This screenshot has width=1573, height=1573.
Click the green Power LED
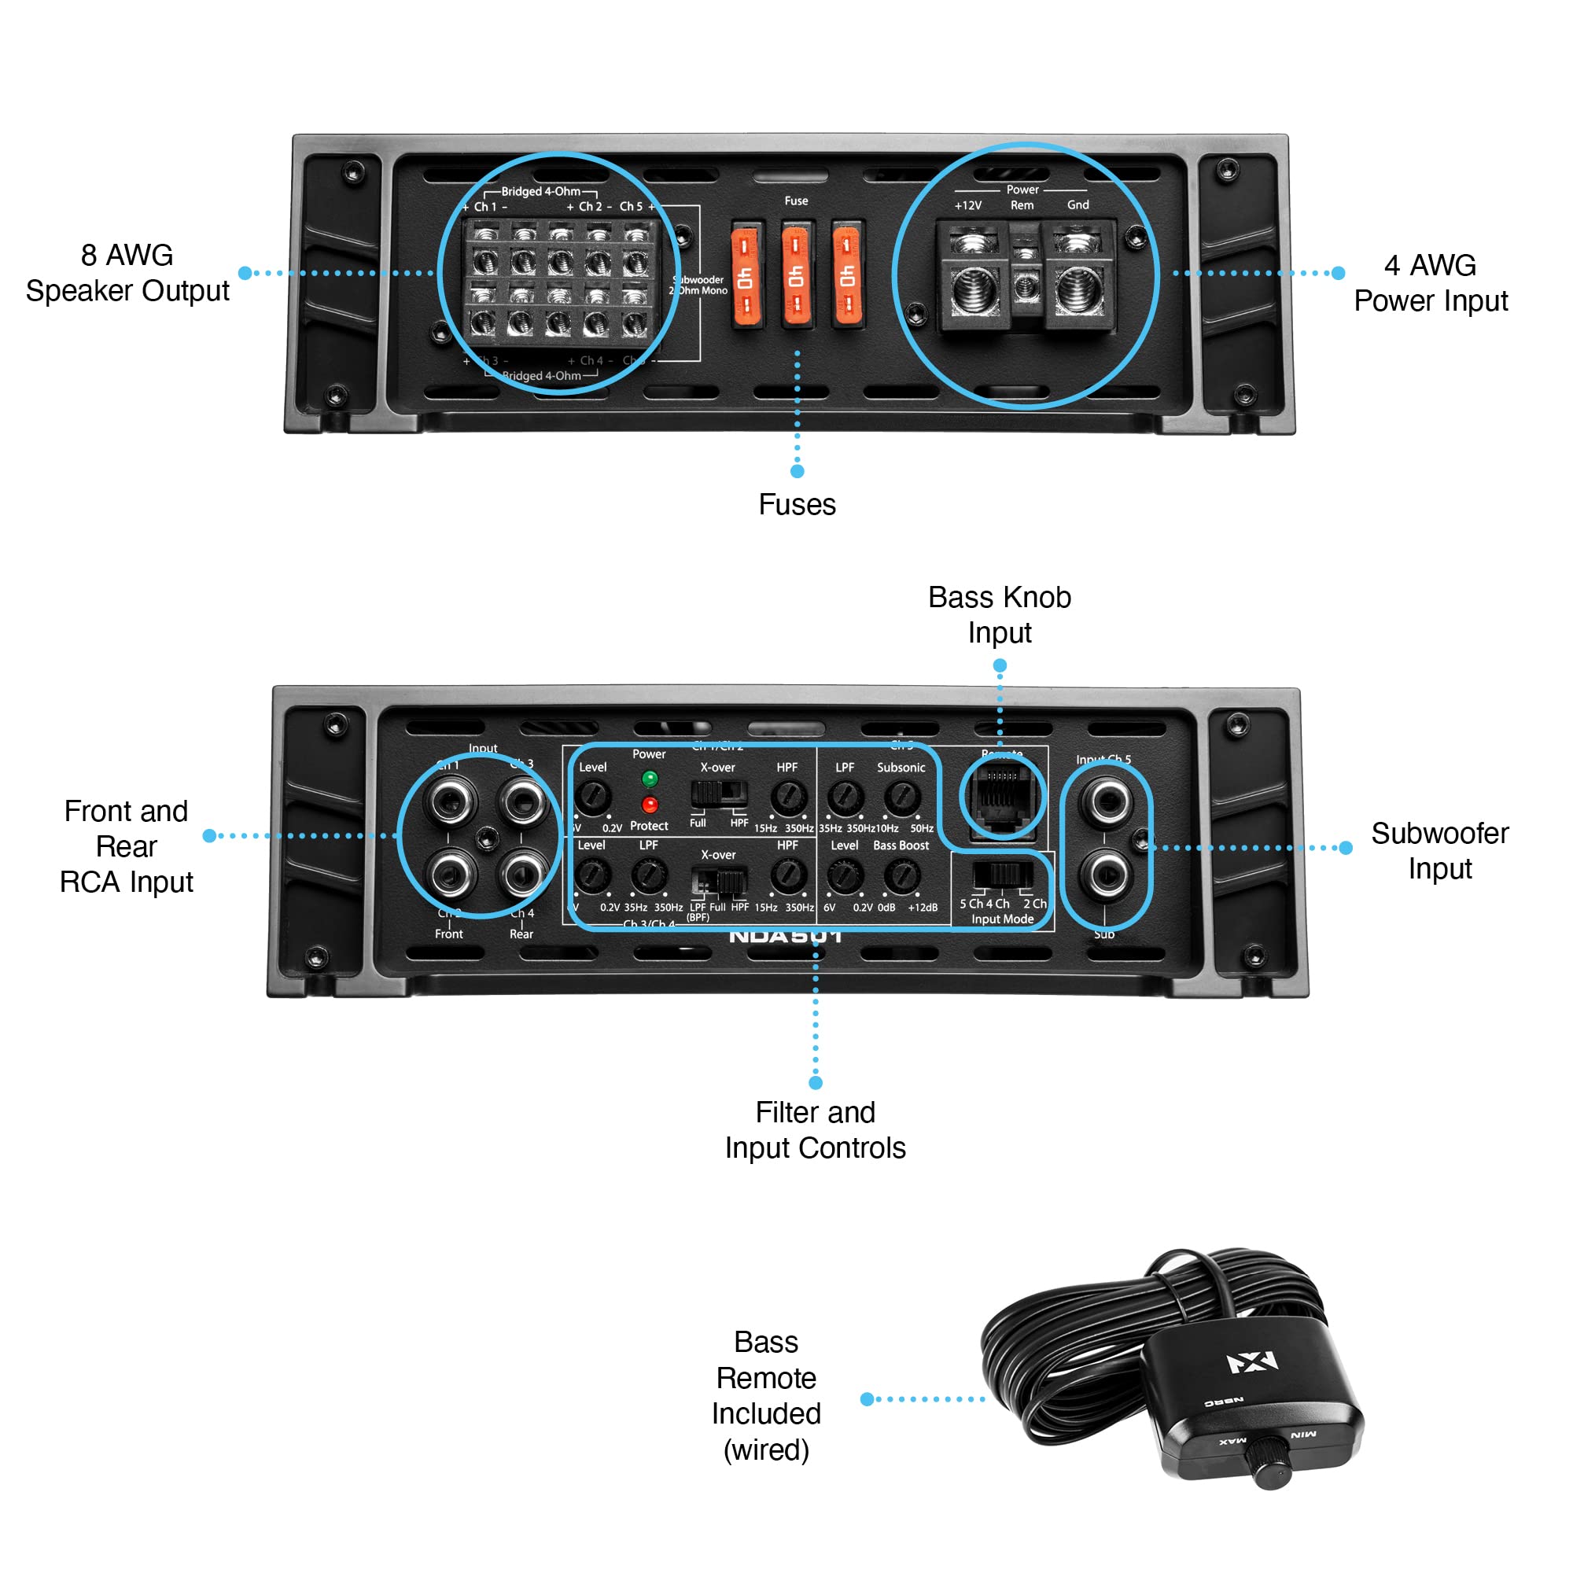click(649, 779)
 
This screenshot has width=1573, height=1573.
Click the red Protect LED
click(649, 805)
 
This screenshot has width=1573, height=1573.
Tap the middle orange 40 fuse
click(795, 274)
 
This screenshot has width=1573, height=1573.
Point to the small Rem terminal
click(1026, 285)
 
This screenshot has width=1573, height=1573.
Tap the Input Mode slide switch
click(1002, 875)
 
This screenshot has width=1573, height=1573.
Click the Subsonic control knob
click(901, 797)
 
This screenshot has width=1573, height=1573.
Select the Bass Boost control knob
click(901, 876)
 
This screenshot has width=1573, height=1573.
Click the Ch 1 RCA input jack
click(449, 801)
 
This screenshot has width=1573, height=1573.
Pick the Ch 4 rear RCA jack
click(521, 874)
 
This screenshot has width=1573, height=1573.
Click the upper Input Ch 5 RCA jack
click(1107, 801)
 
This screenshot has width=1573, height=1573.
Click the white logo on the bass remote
click(1252, 1361)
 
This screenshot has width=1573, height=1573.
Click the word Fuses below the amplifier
click(796, 505)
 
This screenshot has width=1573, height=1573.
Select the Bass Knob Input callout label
click(999, 615)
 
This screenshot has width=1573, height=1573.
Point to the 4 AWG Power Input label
click(1430, 282)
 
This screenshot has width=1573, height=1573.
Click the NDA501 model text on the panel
click(785, 936)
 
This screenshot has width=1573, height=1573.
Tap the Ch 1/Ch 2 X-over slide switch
click(719, 792)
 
